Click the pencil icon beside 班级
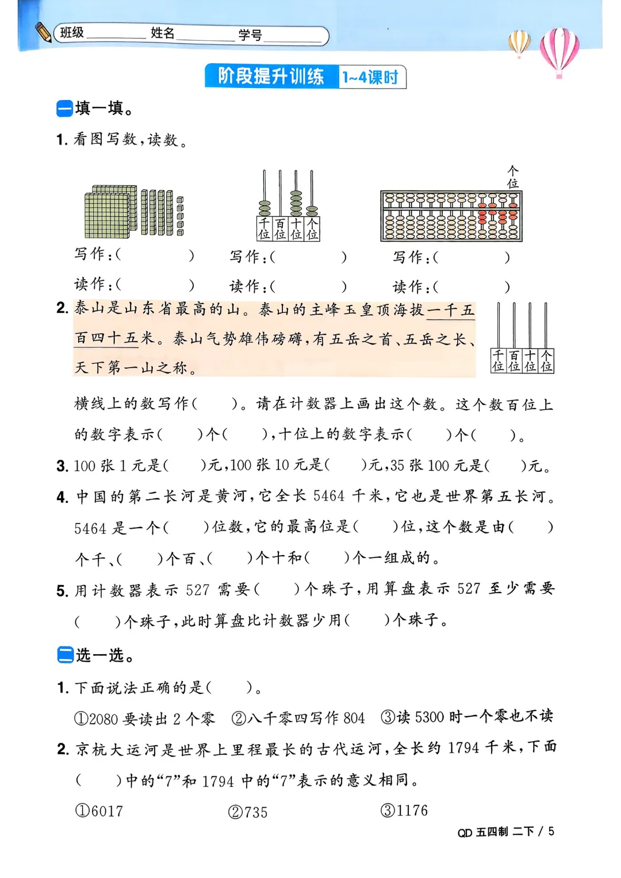click(x=43, y=32)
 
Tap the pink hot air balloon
click(x=559, y=51)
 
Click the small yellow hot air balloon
click(x=519, y=43)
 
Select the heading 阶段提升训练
click(x=271, y=77)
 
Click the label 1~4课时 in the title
click(x=371, y=77)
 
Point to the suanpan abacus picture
click(x=451, y=216)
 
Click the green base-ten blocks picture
click(x=133, y=211)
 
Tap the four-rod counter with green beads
click(x=288, y=205)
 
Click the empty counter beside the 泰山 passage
click(x=522, y=338)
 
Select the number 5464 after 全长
click(x=329, y=496)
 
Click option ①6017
click(x=99, y=811)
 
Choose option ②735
click(x=248, y=812)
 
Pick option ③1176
click(x=404, y=811)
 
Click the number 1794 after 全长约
click(x=463, y=748)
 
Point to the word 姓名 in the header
click(x=162, y=33)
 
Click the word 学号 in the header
click(x=250, y=35)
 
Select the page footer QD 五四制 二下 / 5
click(x=506, y=832)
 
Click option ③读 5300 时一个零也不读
click(x=467, y=717)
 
